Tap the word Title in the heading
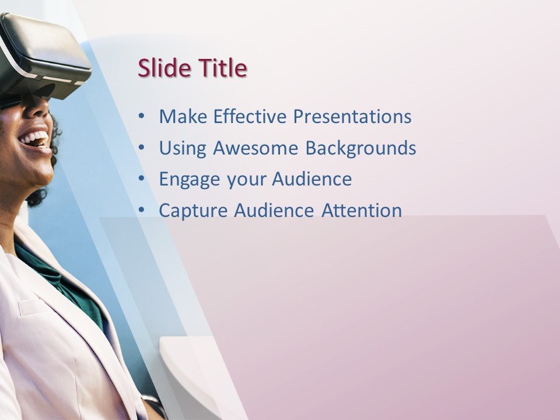pos(223,68)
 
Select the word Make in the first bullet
pos(183,117)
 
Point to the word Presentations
pos(352,117)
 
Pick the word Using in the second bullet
pos(183,148)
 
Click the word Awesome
pos(256,148)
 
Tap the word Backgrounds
pos(360,148)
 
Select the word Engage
pos(189,180)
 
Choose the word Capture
pos(193,211)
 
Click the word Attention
pos(362,211)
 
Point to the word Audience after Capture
pos(274,211)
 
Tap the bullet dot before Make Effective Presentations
pos(141,116)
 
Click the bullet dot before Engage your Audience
pos(141,178)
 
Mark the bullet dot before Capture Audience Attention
pos(141,210)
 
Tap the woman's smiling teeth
pos(35,138)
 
